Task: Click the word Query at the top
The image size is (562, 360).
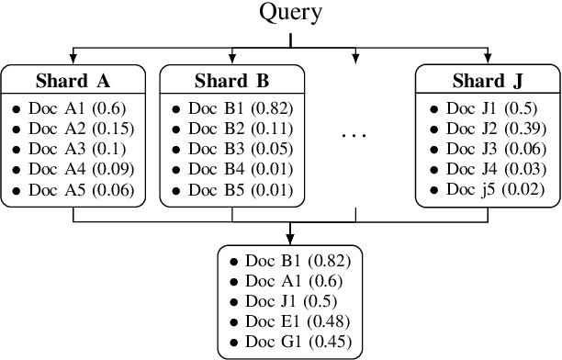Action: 290,13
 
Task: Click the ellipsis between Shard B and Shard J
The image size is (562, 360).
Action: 354,135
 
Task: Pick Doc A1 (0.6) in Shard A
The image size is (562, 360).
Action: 77,108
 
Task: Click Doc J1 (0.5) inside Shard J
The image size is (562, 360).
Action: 490,108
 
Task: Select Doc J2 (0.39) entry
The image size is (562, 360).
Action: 495,129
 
